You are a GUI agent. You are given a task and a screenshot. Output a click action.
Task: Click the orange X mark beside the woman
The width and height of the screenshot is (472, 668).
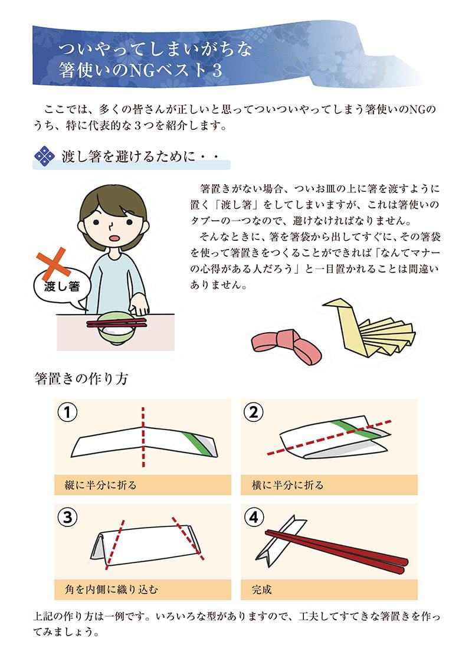pos(54,263)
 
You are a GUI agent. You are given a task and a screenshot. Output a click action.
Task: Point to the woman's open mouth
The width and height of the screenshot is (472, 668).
pos(113,238)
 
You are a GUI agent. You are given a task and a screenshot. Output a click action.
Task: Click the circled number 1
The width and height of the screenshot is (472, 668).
pos(67,412)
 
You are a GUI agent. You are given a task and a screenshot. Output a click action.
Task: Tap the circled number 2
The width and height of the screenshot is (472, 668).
pos(254,412)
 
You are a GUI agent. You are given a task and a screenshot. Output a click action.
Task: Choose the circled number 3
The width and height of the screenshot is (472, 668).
pos(67,517)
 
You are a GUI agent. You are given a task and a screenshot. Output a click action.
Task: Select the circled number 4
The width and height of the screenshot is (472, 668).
pos(254,517)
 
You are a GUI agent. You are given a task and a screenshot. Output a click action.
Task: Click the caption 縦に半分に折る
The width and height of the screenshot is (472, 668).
pos(100,485)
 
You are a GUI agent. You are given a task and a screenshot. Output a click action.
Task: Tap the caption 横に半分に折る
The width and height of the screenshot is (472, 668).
pos(287,485)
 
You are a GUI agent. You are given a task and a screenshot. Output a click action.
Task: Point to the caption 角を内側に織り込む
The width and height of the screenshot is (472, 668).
pos(111,590)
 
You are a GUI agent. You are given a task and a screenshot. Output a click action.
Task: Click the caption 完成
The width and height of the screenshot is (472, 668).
pos(261,590)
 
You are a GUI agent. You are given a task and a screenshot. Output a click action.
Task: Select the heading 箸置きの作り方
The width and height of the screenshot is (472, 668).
pos(81,378)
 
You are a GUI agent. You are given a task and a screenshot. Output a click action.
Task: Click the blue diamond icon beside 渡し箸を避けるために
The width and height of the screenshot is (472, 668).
pos(45,156)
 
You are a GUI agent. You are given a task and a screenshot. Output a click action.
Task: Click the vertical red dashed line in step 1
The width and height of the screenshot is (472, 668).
pos(143,437)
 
